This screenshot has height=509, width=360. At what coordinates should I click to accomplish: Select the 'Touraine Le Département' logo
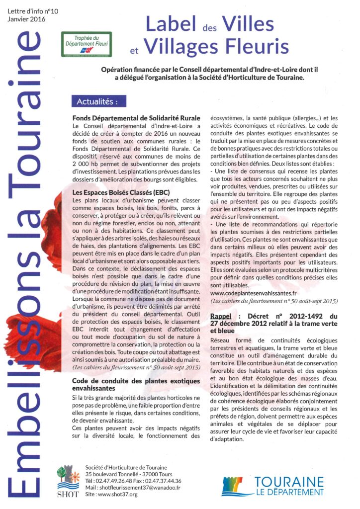(273, 485)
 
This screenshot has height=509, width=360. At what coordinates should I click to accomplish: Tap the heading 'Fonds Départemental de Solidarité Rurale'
(136, 118)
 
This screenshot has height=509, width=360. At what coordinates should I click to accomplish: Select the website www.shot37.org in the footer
(119, 495)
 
